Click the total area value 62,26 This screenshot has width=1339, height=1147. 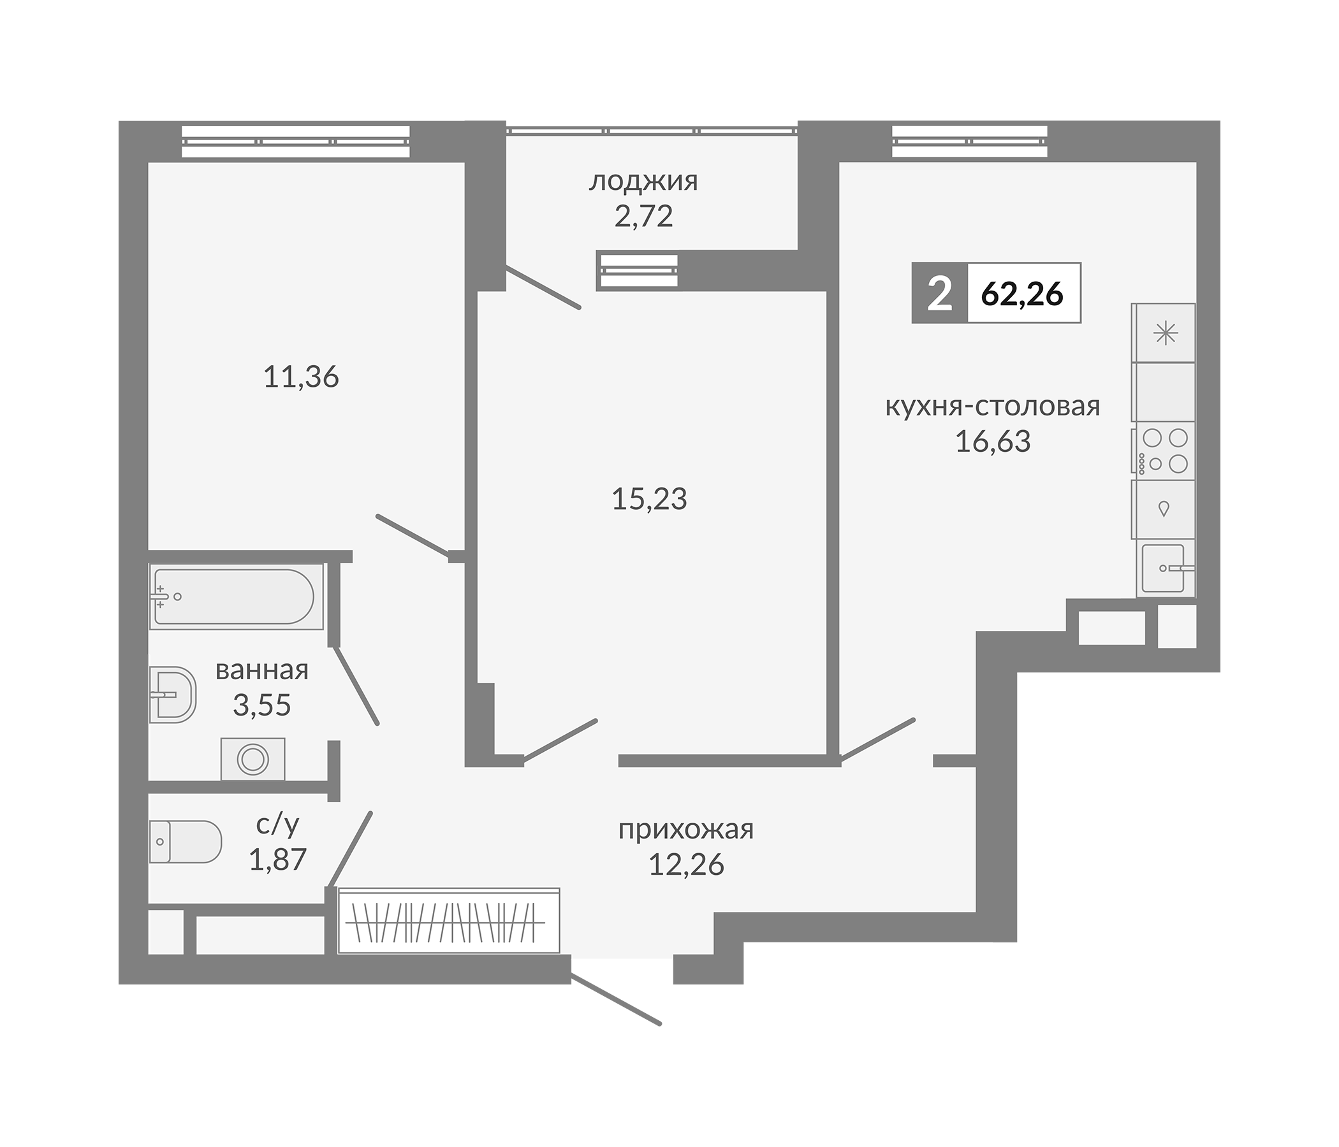(x=1022, y=294)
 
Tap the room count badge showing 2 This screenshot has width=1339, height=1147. (x=939, y=294)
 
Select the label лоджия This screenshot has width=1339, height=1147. (x=643, y=182)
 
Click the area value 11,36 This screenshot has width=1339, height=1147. (x=301, y=377)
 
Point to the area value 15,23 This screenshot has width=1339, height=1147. (x=649, y=498)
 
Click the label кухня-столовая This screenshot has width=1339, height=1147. (x=992, y=407)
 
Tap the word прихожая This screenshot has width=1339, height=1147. (x=685, y=829)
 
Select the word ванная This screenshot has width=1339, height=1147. (x=261, y=670)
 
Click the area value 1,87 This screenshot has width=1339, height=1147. (x=277, y=860)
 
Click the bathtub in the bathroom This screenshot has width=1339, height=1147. (x=236, y=596)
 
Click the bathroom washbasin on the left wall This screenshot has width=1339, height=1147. (x=172, y=695)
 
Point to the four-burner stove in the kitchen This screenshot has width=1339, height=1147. (x=1164, y=450)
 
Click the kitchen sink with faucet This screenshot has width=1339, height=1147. (x=1164, y=568)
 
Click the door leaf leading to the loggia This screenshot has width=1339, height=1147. (x=543, y=287)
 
